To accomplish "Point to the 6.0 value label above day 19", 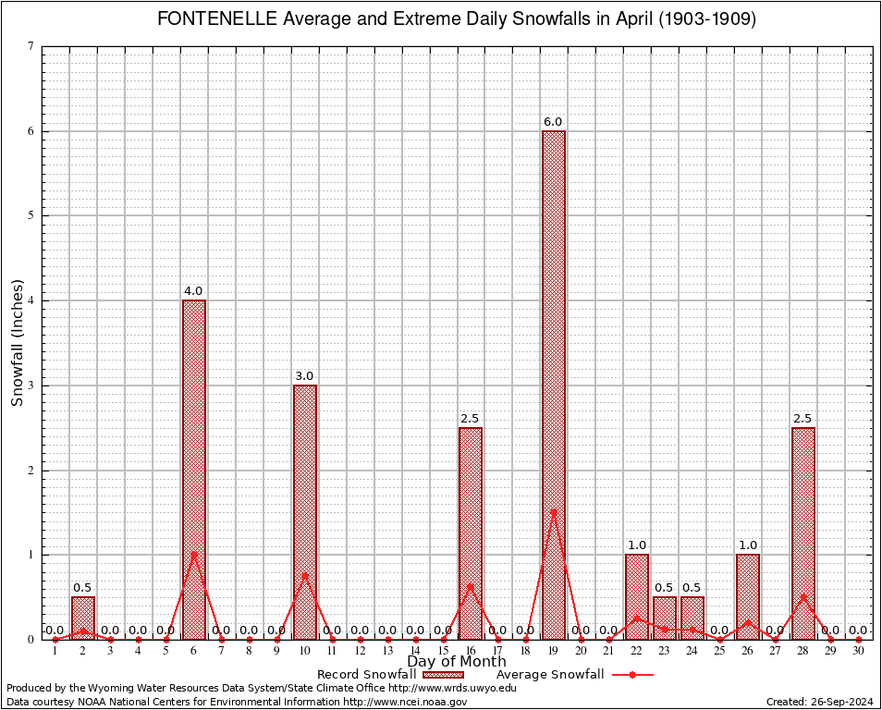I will point(553,122).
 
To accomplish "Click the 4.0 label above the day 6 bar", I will point(193,291).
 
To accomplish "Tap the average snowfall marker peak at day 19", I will point(554,511).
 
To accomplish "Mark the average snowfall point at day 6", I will point(194,554).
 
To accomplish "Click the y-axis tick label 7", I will point(31,46).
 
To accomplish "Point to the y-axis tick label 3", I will point(31,386).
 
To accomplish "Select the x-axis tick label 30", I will point(859,652).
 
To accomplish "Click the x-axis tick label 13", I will point(387,652).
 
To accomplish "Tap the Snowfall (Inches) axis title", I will point(17,342).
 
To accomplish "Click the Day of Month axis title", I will point(456,662).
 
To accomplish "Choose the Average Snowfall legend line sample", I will point(631,675).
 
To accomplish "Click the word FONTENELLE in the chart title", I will point(217,19).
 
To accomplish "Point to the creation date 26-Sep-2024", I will point(838,702).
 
